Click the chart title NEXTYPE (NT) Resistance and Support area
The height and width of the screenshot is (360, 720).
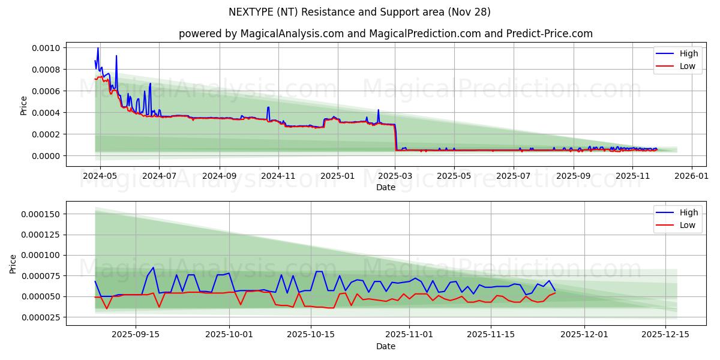tap(359, 12)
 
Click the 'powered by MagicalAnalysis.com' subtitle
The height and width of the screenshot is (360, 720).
tap(385, 34)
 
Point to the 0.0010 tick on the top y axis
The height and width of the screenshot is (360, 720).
tap(46, 48)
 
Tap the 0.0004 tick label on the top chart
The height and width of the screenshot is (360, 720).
tap(46, 113)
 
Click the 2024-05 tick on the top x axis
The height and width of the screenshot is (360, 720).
tap(100, 176)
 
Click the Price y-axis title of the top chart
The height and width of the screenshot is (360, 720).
tap(24, 106)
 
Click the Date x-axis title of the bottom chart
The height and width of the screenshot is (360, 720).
tap(385, 346)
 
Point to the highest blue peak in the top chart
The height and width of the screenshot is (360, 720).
tap(98, 48)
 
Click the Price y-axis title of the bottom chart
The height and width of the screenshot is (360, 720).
tap(13, 263)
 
